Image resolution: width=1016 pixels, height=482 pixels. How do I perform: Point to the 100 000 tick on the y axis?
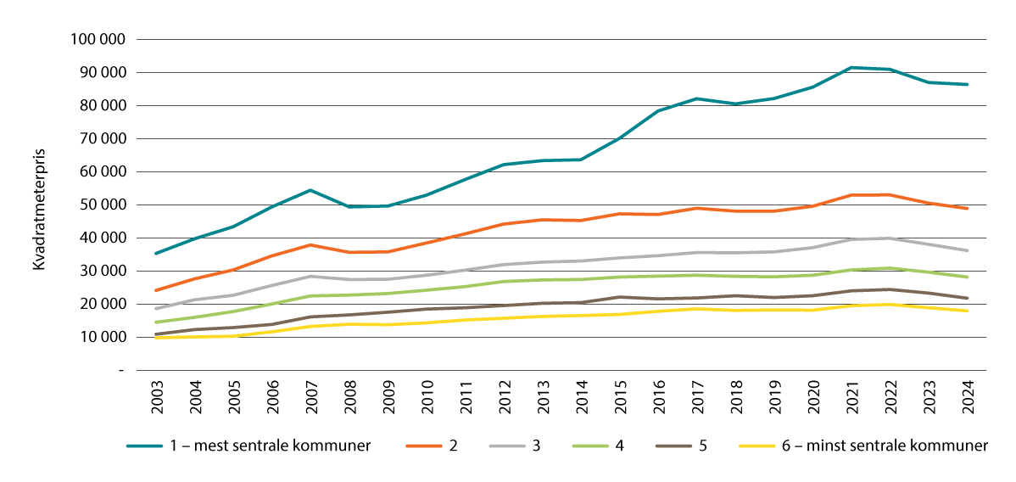[100, 40]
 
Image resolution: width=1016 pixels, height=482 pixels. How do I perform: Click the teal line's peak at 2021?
[851, 68]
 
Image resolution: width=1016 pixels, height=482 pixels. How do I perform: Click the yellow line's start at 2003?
[156, 338]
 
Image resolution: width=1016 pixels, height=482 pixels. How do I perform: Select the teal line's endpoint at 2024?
[968, 85]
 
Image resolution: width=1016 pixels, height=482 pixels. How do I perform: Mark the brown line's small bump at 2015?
[620, 297]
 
